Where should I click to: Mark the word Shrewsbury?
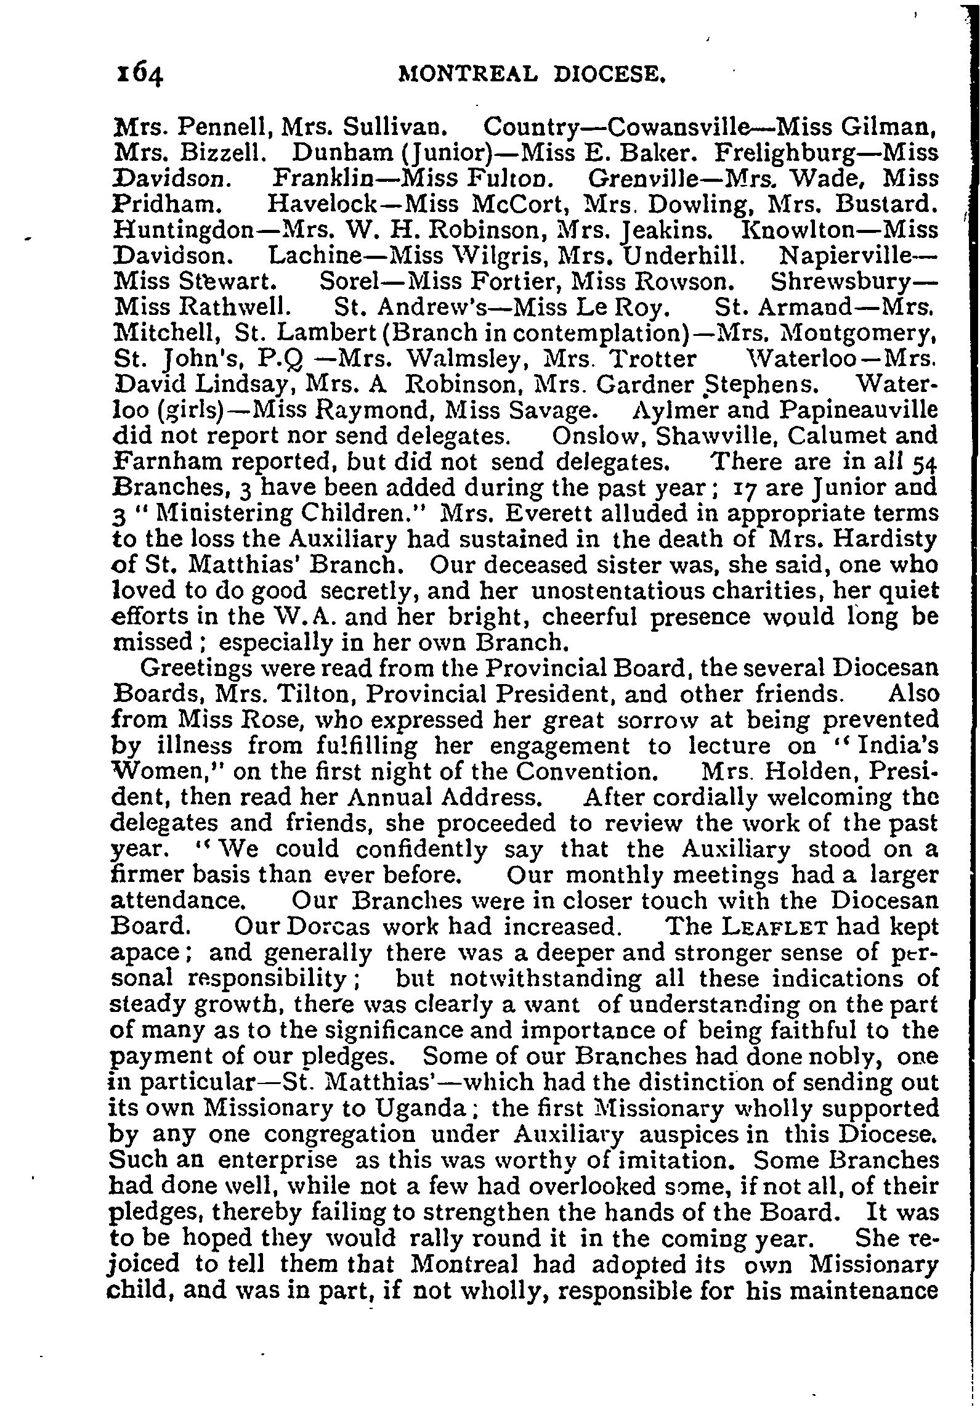(x=848, y=282)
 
